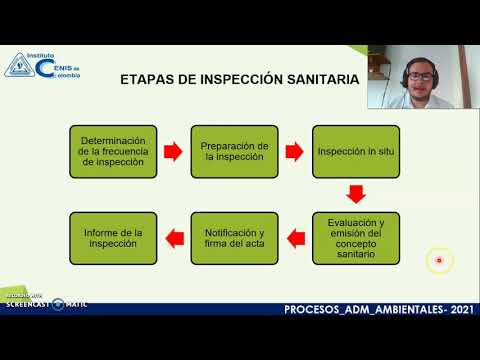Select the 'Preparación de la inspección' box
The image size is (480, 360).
click(235, 151)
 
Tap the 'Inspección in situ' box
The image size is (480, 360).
click(355, 151)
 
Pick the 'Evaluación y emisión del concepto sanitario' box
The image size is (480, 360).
click(355, 236)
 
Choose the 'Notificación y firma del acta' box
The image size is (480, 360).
click(235, 236)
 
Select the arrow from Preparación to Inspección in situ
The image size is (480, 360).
click(295, 152)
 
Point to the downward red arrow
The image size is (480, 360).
click(355, 193)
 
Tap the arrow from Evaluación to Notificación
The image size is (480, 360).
click(295, 237)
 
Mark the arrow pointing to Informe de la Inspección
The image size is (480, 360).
click(174, 237)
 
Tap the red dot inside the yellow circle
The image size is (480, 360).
click(438, 261)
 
